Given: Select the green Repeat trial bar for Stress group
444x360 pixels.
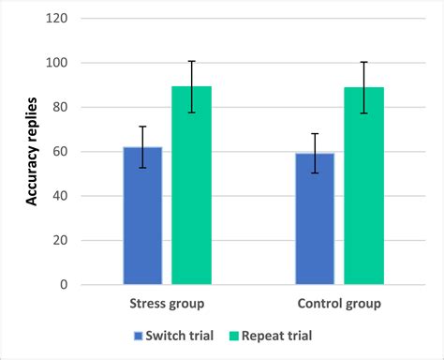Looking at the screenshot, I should [191, 185].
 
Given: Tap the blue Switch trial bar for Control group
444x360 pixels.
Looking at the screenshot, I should [315, 218].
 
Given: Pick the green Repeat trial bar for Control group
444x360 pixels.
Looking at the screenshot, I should [363, 186].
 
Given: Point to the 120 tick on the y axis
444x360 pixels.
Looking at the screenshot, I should [61, 19].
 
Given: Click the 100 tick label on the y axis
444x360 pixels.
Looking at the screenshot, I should [61, 63].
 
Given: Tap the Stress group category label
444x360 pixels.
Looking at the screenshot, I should [167, 304].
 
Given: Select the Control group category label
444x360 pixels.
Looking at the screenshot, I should [339, 304].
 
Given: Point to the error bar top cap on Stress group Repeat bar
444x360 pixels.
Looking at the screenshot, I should [191, 61].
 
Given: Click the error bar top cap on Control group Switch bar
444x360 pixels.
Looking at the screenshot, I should [315, 134].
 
